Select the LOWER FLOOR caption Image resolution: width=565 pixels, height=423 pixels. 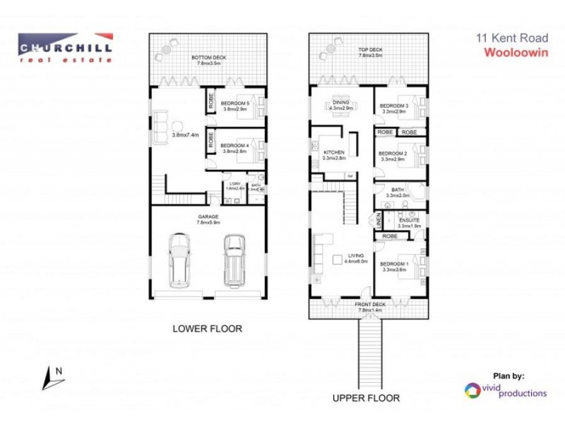pos(208,329)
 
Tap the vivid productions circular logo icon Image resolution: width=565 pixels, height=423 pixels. pos(471,390)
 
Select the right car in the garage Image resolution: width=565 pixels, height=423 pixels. pos(234,259)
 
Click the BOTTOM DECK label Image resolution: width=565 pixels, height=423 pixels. pos(208,57)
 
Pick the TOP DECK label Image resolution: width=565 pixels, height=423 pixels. pos(370,51)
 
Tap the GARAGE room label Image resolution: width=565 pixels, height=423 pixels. pos(208,216)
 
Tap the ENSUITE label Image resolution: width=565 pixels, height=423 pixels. pos(410,221)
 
